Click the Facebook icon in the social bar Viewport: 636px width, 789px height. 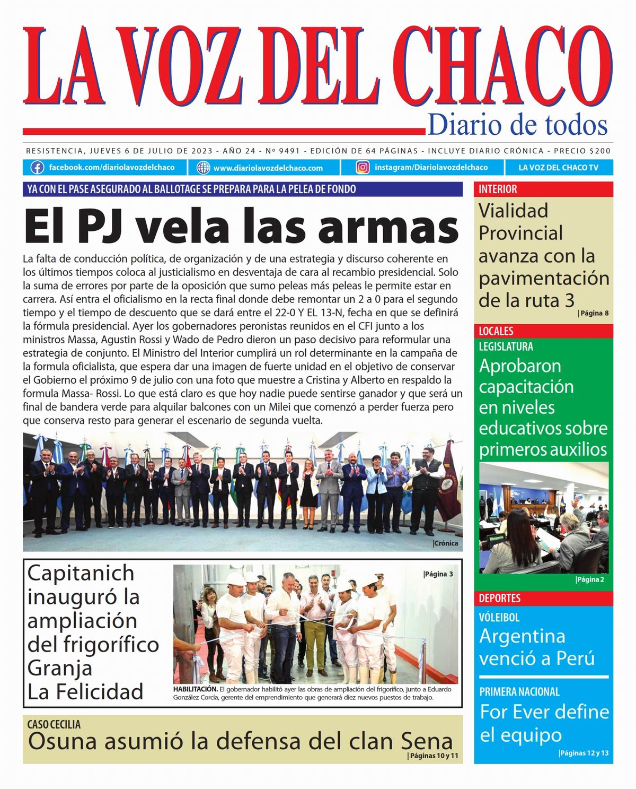coord(37,168)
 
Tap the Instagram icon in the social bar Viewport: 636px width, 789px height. coord(363,168)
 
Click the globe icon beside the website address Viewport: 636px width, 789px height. coord(204,168)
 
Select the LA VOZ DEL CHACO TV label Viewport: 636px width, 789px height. coord(558,168)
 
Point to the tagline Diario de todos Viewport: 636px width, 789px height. coord(517,125)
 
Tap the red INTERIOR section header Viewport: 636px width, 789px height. coord(498,189)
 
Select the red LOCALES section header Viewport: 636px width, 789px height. coord(496,331)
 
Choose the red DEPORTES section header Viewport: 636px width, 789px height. coord(500,598)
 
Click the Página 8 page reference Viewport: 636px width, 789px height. coord(594,313)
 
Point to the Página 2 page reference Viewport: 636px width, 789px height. coord(590,579)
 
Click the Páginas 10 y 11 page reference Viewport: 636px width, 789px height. coord(433,756)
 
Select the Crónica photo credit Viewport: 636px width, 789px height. coord(446,543)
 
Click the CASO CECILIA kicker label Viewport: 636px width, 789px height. coord(54,724)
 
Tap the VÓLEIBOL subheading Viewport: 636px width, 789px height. coord(499,618)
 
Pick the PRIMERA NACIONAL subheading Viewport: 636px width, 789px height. coord(519,692)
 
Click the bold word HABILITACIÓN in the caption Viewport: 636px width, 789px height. coord(195,689)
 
